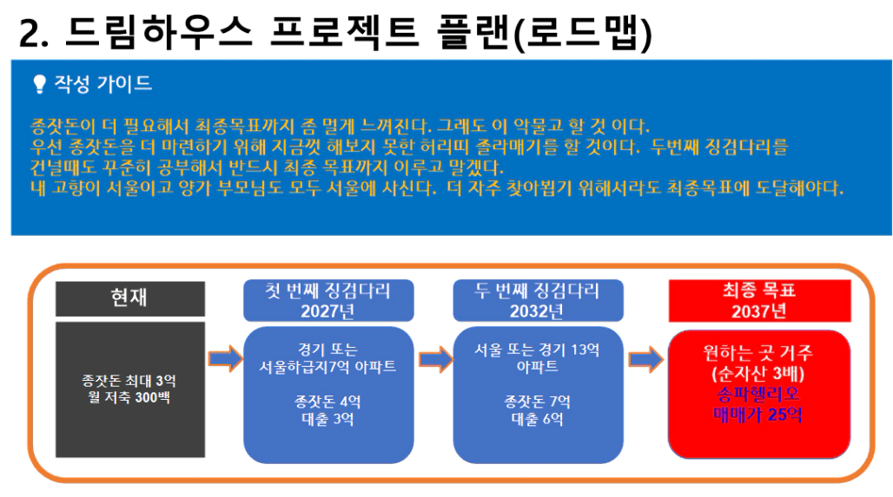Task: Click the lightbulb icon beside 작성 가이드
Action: (39, 84)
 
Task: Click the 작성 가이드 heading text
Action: (103, 84)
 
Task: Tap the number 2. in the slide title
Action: (34, 34)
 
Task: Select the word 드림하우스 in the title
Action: (159, 32)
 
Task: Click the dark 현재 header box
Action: (129, 298)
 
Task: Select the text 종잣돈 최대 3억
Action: (129, 381)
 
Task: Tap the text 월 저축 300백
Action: (129, 397)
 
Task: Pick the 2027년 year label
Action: (328, 311)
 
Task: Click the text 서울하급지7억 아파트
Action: (327, 367)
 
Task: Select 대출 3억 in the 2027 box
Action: (327, 419)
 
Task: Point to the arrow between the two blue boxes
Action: (435, 359)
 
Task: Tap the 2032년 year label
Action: (537, 311)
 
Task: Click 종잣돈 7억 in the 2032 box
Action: (537, 402)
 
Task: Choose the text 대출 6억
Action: (537, 419)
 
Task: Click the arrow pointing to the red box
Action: (645, 359)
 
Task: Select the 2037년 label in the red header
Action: (759, 311)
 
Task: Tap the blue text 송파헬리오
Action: (758, 394)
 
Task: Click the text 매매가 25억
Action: (758, 415)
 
